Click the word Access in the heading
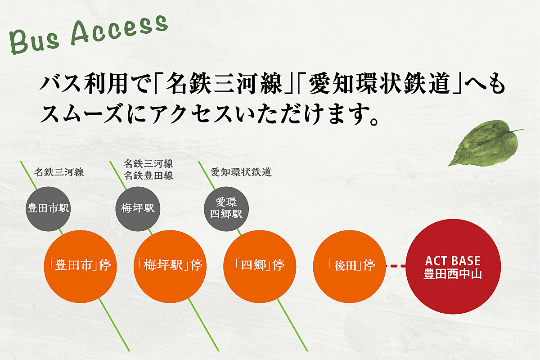[119, 32]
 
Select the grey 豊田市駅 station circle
[48, 208]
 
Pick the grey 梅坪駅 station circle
[138, 208]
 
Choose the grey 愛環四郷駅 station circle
[226, 208]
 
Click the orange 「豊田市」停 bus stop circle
[81, 265]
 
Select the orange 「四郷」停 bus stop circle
[260, 265]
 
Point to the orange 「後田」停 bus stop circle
[350, 265]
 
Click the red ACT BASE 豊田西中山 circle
[453, 266]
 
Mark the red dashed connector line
[397, 266]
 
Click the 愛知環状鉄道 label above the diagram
[241, 172]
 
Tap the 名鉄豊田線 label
[148, 176]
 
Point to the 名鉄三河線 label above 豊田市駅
[59, 172]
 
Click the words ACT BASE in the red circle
[453, 261]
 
